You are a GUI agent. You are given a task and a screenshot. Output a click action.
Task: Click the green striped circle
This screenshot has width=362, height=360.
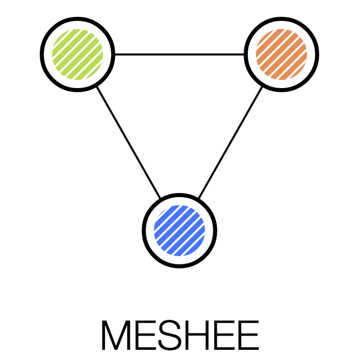pyautogui.click(x=77, y=54)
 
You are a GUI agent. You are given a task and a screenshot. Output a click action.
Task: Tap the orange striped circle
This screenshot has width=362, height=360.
pyautogui.click(x=281, y=54)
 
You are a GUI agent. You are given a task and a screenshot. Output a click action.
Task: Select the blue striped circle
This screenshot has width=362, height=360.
pyautogui.click(x=179, y=230)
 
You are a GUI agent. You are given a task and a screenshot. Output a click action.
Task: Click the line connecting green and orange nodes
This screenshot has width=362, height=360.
pyautogui.click(x=179, y=54)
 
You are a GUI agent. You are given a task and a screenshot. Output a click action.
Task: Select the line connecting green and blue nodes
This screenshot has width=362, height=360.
pyautogui.click(x=128, y=142)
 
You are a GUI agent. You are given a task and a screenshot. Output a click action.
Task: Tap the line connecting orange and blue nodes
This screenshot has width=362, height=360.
pyautogui.click(x=230, y=142)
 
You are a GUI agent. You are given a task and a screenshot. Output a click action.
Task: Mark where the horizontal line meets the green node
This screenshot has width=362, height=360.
pyautogui.click(x=114, y=54)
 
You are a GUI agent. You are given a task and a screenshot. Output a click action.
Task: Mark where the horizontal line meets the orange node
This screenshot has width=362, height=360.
pyautogui.click(x=245, y=54)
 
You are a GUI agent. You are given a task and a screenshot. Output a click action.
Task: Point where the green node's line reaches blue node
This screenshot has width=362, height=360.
pyautogui.click(x=161, y=198)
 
